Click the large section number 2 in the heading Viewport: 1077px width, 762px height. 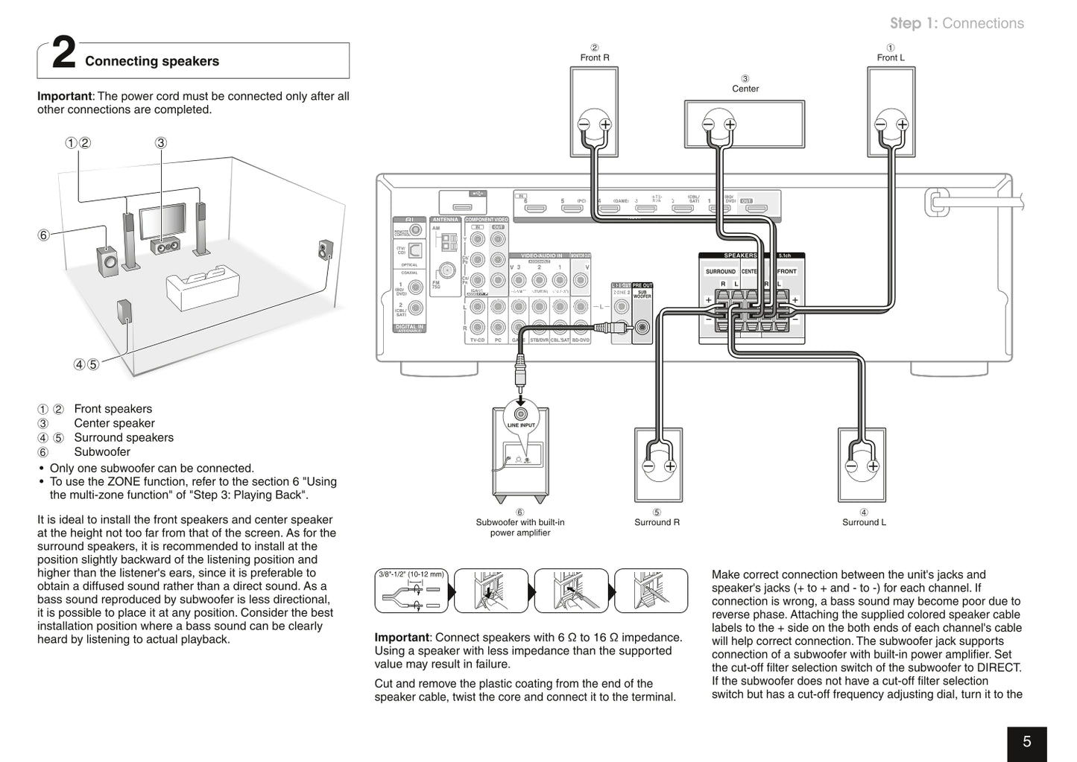(64, 55)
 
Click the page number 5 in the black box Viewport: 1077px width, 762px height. (1026, 742)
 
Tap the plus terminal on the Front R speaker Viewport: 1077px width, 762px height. (605, 124)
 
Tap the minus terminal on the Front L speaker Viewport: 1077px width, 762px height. (881, 124)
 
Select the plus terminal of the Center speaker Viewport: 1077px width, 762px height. (730, 124)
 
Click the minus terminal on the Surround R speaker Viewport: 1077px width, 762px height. (648, 466)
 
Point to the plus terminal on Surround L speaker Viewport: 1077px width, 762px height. (873, 466)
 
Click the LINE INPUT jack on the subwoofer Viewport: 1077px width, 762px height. (520, 413)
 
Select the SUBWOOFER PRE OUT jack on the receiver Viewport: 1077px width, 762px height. (641, 326)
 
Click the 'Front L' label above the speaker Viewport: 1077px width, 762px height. (890, 57)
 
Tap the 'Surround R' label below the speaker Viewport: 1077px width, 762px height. (657, 522)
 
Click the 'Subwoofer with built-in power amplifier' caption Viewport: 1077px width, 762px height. (520, 527)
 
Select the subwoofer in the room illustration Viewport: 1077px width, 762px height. (107, 261)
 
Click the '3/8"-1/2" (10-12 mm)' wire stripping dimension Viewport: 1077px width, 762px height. (411, 574)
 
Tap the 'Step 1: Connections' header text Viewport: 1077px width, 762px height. (956, 23)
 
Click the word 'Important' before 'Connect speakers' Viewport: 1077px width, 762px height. (401, 638)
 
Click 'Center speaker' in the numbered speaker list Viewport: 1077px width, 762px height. (114, 423)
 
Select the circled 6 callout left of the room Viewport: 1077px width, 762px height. (43, 235)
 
